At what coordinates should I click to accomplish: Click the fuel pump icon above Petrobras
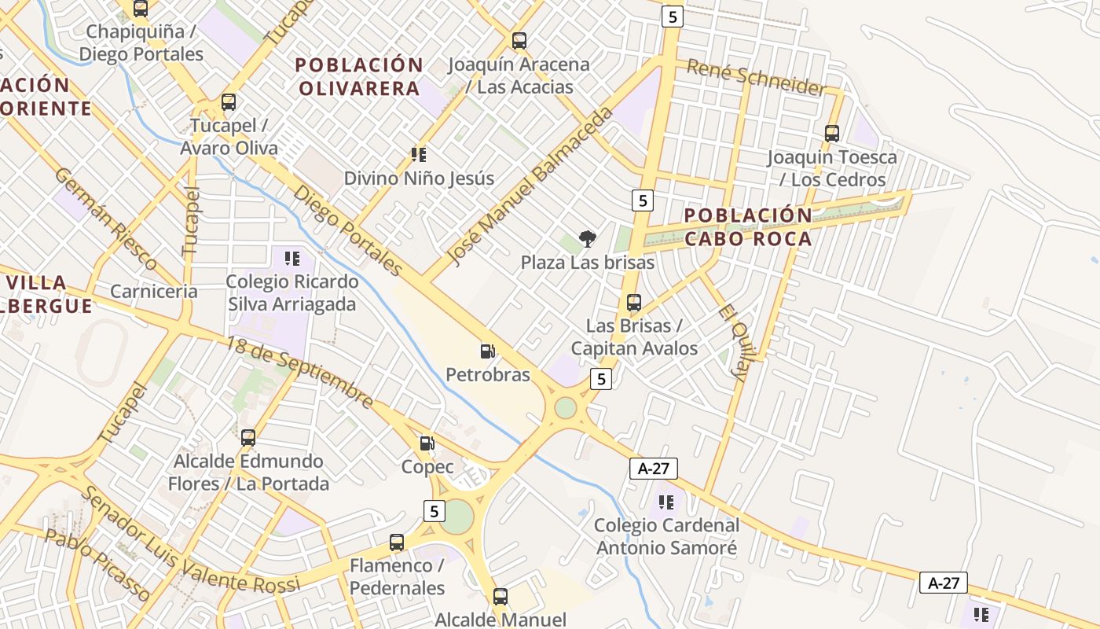(488, 351)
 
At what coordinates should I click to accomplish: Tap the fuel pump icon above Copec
(427, 444)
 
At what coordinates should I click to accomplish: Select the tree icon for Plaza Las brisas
(587, 239)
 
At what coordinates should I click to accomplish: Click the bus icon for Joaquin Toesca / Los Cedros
(832, 134)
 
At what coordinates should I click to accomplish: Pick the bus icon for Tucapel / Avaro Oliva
(229, 102)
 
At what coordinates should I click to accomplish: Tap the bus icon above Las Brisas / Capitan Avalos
(634, 303)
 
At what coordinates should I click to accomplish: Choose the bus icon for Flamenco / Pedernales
(397, 543)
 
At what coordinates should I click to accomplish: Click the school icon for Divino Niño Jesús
(419, 155)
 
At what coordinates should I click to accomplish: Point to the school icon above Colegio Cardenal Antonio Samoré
(666, 502)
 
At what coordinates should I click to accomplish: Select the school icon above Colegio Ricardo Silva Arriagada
(292, 258)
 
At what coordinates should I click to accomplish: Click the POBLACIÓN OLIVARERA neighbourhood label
(360, 76)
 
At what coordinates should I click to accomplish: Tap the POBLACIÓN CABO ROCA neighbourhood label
(748, 226)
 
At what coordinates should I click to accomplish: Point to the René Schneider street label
(757, 77)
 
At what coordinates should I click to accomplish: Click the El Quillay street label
(731, 343)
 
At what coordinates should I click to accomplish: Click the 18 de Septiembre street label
(300, 372)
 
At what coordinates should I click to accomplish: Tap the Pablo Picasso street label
(96, 565)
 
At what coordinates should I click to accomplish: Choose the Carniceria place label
(154, 291)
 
